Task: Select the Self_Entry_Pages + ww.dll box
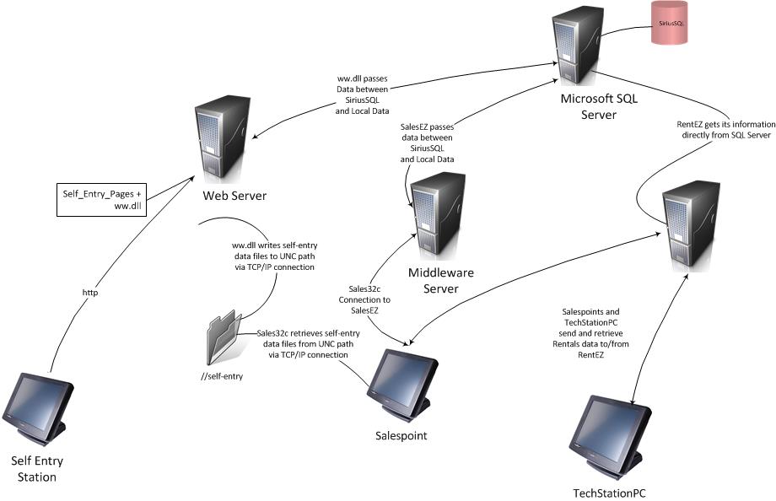point(100,200)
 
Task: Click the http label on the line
point(89,293)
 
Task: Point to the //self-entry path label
point(222,375)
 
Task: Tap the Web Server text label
point(234,196)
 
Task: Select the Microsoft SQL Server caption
point(600,106)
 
